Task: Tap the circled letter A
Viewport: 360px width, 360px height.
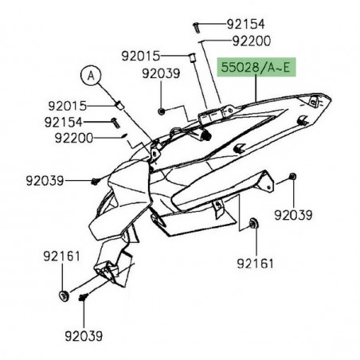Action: pyautogui.click(x=92, y=76)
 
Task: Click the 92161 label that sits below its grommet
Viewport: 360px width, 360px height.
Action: pyautogui.click(x=256, y=261)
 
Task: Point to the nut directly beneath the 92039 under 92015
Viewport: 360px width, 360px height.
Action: pyautogui.click(x=162, y=109)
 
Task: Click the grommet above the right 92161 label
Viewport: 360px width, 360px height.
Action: pyautogui.click(x=253, y=224)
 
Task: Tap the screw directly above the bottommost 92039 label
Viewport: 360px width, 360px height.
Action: pyautogui.click(x=83, y=297)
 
